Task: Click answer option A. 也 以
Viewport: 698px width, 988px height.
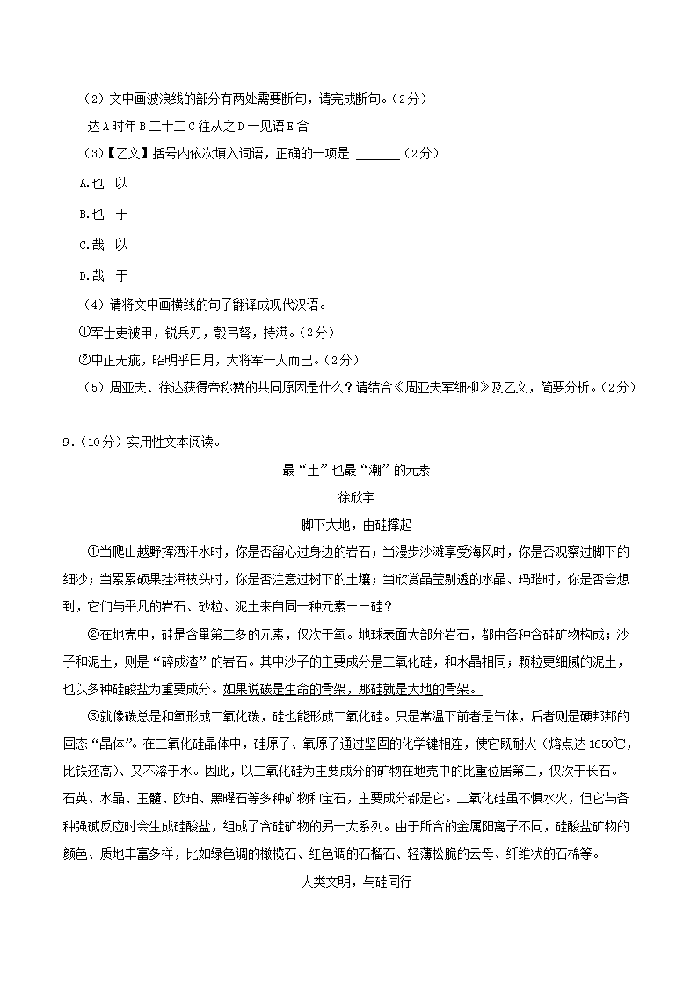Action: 103,183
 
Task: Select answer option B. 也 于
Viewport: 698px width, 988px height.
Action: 103,214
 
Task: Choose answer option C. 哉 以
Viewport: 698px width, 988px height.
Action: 103,245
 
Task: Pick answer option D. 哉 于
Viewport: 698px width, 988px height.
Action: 103,275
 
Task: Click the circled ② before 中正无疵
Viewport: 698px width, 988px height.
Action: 84,360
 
